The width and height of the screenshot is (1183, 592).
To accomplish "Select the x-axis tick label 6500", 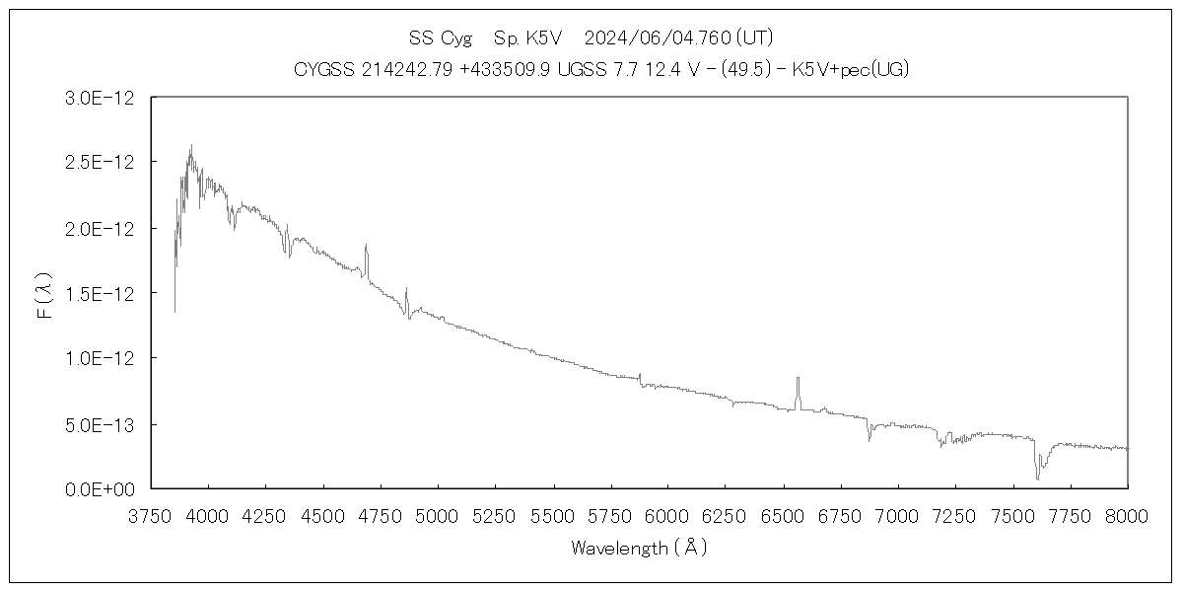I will tap(783, 517).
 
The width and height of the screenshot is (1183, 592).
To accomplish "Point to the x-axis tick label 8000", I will tap(1128, 517).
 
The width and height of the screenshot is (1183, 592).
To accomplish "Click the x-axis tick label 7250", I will tap(955, 517).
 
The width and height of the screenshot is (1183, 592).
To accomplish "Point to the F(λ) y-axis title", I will tap(43, 302).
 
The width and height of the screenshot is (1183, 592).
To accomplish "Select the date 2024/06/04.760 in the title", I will tap(657, 39).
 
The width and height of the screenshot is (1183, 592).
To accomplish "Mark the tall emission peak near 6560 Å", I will tap(798, 379).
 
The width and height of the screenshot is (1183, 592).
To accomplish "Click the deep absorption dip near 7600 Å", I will tap(1037, 478).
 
